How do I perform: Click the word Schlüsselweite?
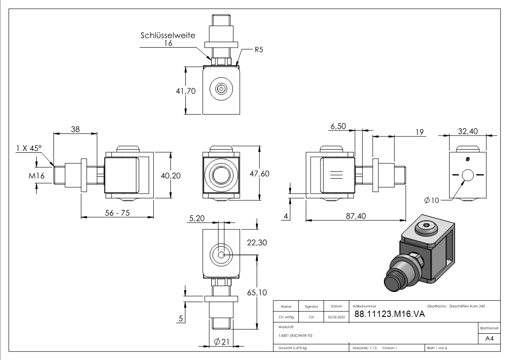click(168, 35)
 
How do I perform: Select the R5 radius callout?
click(258, 50)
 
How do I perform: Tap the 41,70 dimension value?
click(185, 91)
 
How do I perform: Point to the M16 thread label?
click(37, 175)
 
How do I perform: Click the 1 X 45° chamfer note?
click(29, 148)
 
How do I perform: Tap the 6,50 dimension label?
click(339, 126)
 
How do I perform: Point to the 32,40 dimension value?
click(468, 131)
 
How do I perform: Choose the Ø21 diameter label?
click(221, 341)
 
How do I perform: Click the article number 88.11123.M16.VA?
click(389, 314)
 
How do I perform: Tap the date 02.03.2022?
click(336, 317)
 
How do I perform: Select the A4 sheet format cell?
click(489, 339)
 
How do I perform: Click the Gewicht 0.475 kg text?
click(293, 348)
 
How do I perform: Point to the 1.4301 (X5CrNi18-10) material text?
click(296, 336)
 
